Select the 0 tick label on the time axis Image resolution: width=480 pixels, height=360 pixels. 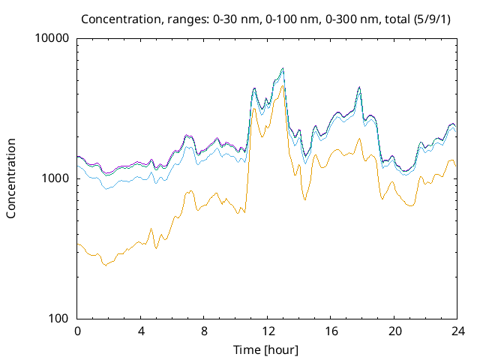pos(77,331)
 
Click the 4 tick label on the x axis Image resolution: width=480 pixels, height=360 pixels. pos(140,331)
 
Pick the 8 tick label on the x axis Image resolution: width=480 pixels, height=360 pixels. pos(204,331)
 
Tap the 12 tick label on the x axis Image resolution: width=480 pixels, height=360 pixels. pos(267,331)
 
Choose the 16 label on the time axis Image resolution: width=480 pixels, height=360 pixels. pos(331,331)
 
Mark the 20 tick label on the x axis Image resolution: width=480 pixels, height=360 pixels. pos(394,331)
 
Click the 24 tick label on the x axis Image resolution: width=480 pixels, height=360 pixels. pos(457,331)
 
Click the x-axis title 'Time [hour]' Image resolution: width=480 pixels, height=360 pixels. pos(265,350)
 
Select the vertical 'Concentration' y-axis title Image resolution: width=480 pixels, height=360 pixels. pos(10,178)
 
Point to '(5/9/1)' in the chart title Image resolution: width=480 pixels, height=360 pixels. pos(432,19)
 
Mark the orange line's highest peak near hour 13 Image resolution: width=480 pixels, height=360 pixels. pos(282,85)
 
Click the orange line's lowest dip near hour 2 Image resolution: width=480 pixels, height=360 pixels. pos(106,265)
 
